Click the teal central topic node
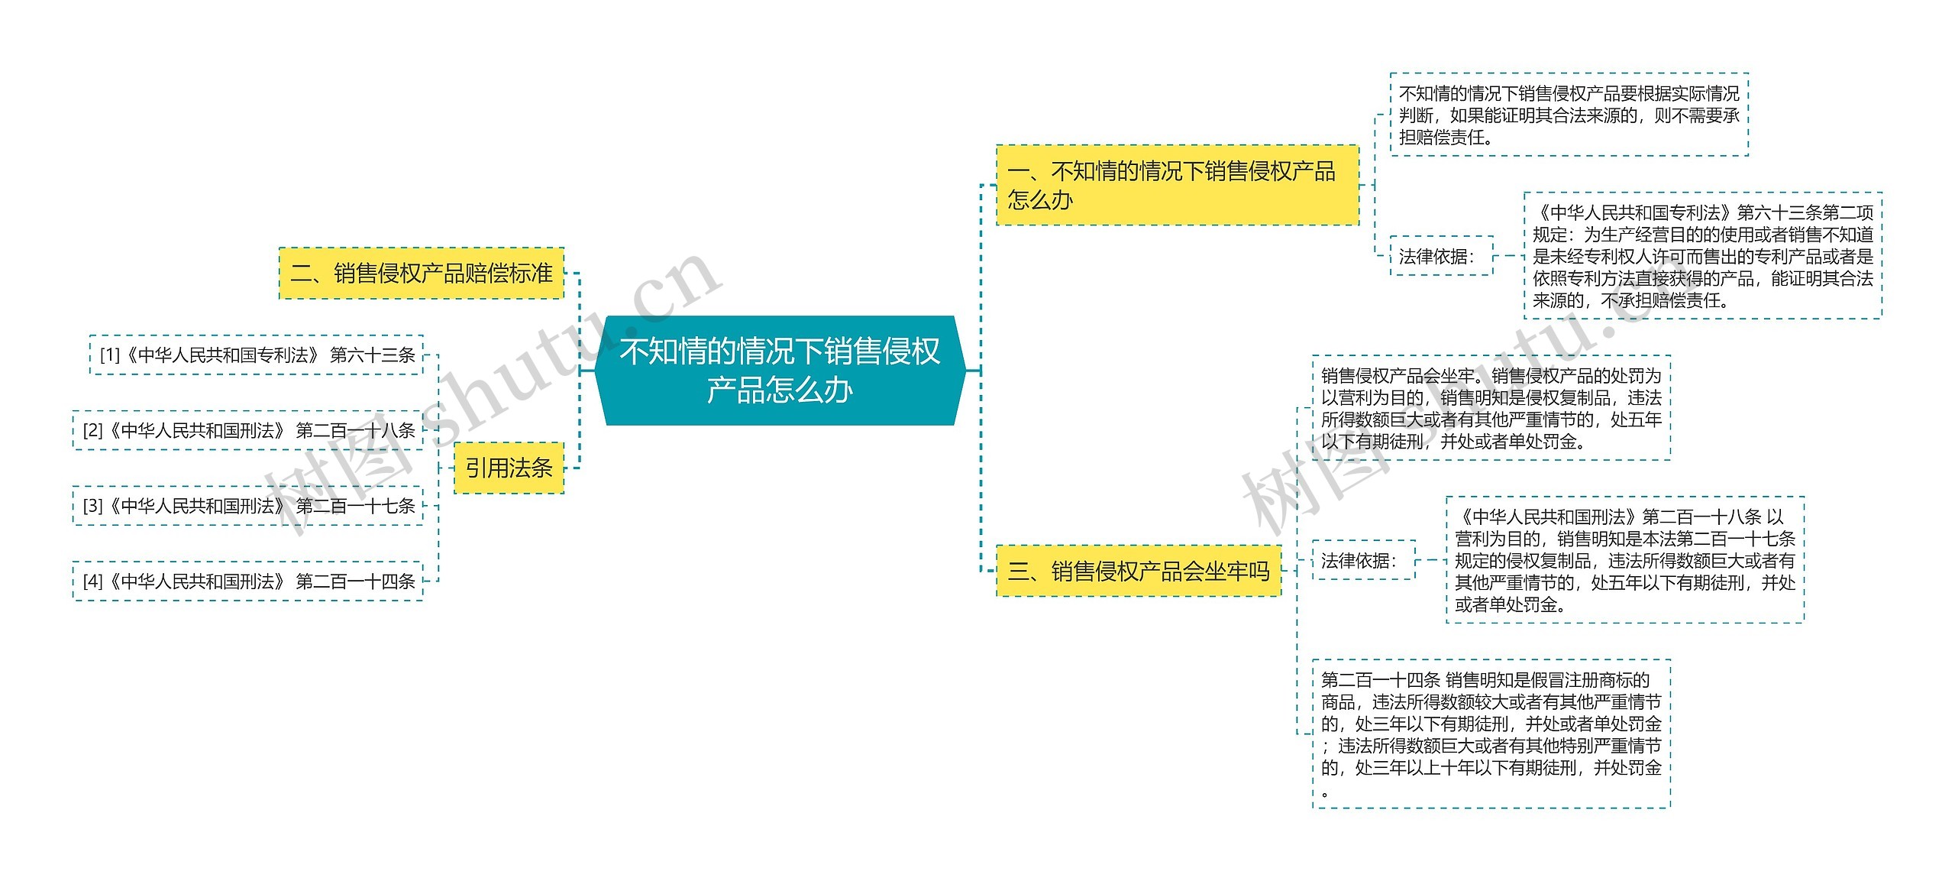[x=780, y=371]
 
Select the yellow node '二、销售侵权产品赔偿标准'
[x=422, y=274]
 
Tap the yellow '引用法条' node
[x=509, y=468]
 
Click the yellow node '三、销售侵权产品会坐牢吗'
[x=1138, y=571]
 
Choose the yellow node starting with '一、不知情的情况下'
[x=1177, y=185]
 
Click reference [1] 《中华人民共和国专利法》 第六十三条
[x=257, y=355]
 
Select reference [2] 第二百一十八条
[x=248, y=431]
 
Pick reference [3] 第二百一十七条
[x=248, y=506]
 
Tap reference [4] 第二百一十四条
[x=248, y=581]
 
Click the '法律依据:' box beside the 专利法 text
[x=1441, y=257]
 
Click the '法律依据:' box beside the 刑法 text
[x=1363, y=561]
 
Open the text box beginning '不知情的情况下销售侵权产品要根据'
[x=1569, y=115]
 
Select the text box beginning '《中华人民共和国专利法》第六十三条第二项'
[x=1702, y=256]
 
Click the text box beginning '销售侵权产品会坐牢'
[x=1491, y=408]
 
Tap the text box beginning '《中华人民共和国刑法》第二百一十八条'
[x=1624, y=560]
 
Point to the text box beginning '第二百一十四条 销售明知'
[x=1491, y=734]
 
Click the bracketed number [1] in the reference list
[x=111, y=355]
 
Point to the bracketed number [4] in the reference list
[x=93, y=581]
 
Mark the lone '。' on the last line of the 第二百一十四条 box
[x=1325, y=793]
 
